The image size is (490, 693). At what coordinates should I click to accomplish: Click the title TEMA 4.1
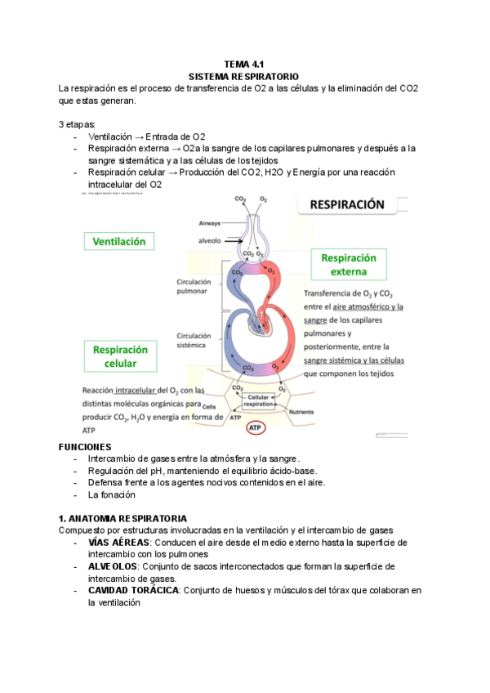(243, 64)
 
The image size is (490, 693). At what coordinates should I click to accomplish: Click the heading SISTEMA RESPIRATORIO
(243, 75)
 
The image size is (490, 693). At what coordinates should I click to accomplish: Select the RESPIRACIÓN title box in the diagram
(347, 206)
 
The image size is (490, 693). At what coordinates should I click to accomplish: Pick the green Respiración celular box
(119, 355)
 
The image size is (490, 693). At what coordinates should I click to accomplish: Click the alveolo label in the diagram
(209, 240)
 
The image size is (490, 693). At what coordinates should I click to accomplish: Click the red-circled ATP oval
(255, 427)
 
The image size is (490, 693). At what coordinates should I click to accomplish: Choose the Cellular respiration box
(259, 400)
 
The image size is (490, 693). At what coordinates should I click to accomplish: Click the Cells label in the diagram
(210, 406)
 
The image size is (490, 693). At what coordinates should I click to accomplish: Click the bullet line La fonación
(112, 494)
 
